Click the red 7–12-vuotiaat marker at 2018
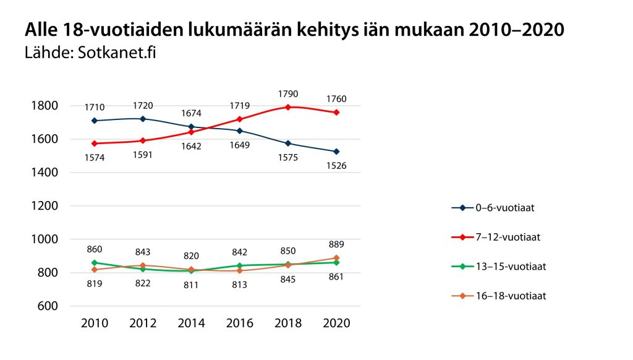click(x=288, y=107)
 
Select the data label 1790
click(x=288, y=94)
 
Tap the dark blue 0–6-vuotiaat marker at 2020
click(x=336, y=152)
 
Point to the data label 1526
click(x=336, y=166)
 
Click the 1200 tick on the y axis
click(x=44, y=206)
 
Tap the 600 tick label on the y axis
click(x=47, y=306)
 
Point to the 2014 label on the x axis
click(x=191, y=324)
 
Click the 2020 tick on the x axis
click(x=336, y=324)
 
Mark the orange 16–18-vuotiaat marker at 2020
click(x=336, y=258)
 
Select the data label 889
click(x=336, y=245)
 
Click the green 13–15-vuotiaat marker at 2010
click(x=95, y=263)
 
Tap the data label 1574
click(x=95, y=158)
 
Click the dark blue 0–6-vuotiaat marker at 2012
click(x=143, y=119)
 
